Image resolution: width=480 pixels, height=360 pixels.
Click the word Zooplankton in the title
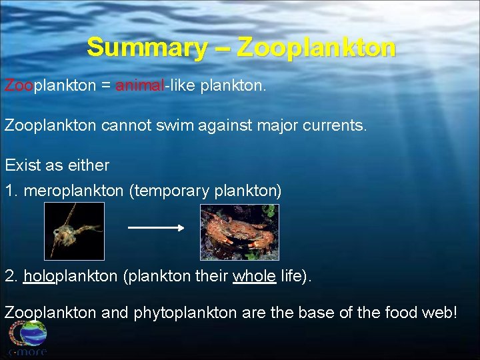pos(316,48)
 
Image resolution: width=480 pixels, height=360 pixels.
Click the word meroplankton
pos(73,191)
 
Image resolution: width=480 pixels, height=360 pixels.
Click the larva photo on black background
pos(74,231)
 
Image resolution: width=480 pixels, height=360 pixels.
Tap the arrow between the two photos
pos(155,228)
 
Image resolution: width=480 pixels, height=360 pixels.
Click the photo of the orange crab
pos(239,232)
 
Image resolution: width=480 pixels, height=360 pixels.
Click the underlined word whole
pos(254,277)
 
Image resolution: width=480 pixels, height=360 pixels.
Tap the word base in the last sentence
pos(313,313)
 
